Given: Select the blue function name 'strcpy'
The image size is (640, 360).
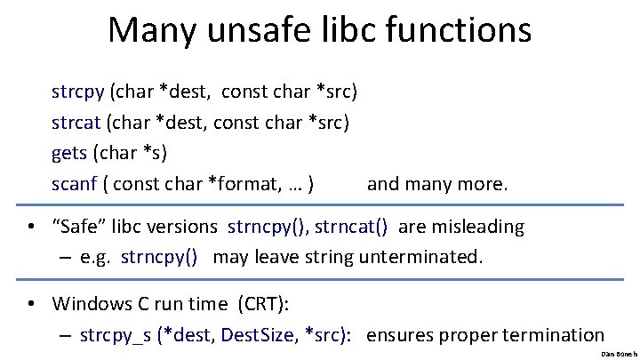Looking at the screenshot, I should pos(78,91).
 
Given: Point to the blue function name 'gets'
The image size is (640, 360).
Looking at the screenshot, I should pos(69,152).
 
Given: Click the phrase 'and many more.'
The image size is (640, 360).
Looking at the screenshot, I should pos(437,184).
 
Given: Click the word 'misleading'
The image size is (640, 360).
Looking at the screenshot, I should pos(478,227).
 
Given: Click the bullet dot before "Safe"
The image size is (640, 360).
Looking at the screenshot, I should pos(31,228).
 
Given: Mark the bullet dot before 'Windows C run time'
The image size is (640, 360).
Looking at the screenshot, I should pos(31,304).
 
